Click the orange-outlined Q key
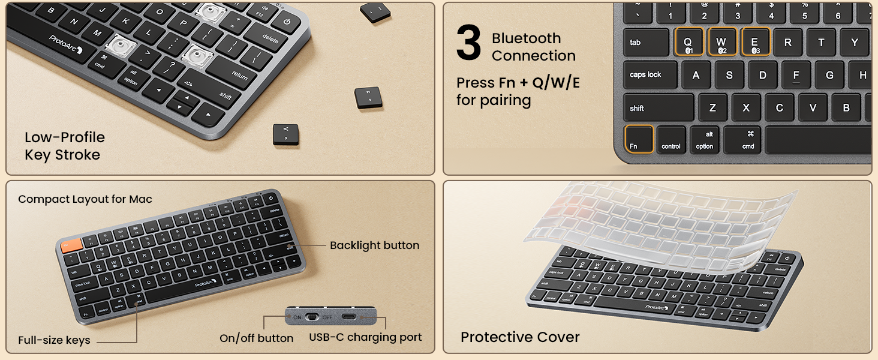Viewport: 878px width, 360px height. pyautogui.click(x=688, y=43)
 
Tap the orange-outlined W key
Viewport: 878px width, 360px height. pyautogui.click(x=721, y=43)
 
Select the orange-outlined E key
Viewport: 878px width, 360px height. pyautogui.click(x=755, y=43)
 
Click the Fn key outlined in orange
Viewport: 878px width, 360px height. pyautogui.click(x=639, y=139)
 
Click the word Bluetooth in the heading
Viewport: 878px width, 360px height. pyautogui.click(x=526, y=38)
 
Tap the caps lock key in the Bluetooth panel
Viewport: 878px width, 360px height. pyautogui.click(x=650, y=75)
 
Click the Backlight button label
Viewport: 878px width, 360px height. pyautogui.click(x=374, y=245)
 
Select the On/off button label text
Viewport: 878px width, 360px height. pyautogui.click(x=256, y=338)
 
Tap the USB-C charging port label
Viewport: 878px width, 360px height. pyautogui.click(x=365, y=337)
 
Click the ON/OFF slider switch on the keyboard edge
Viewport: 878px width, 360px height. pyautogui.click(x=312, y=317)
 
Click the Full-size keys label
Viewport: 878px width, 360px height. pyautogui.click(x=54, y=340)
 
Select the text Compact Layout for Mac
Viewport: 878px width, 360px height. pyautogui.click(x=85, y=199)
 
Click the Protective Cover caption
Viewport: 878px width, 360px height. pyautogui.click(x=519, y=337)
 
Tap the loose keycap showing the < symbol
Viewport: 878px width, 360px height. pyautogui.click(x=285, y=134)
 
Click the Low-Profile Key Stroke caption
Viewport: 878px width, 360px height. pyautogui.click(x=64, y=146)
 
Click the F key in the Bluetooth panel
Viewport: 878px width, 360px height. pyautogui.click(x=796, y=76)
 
